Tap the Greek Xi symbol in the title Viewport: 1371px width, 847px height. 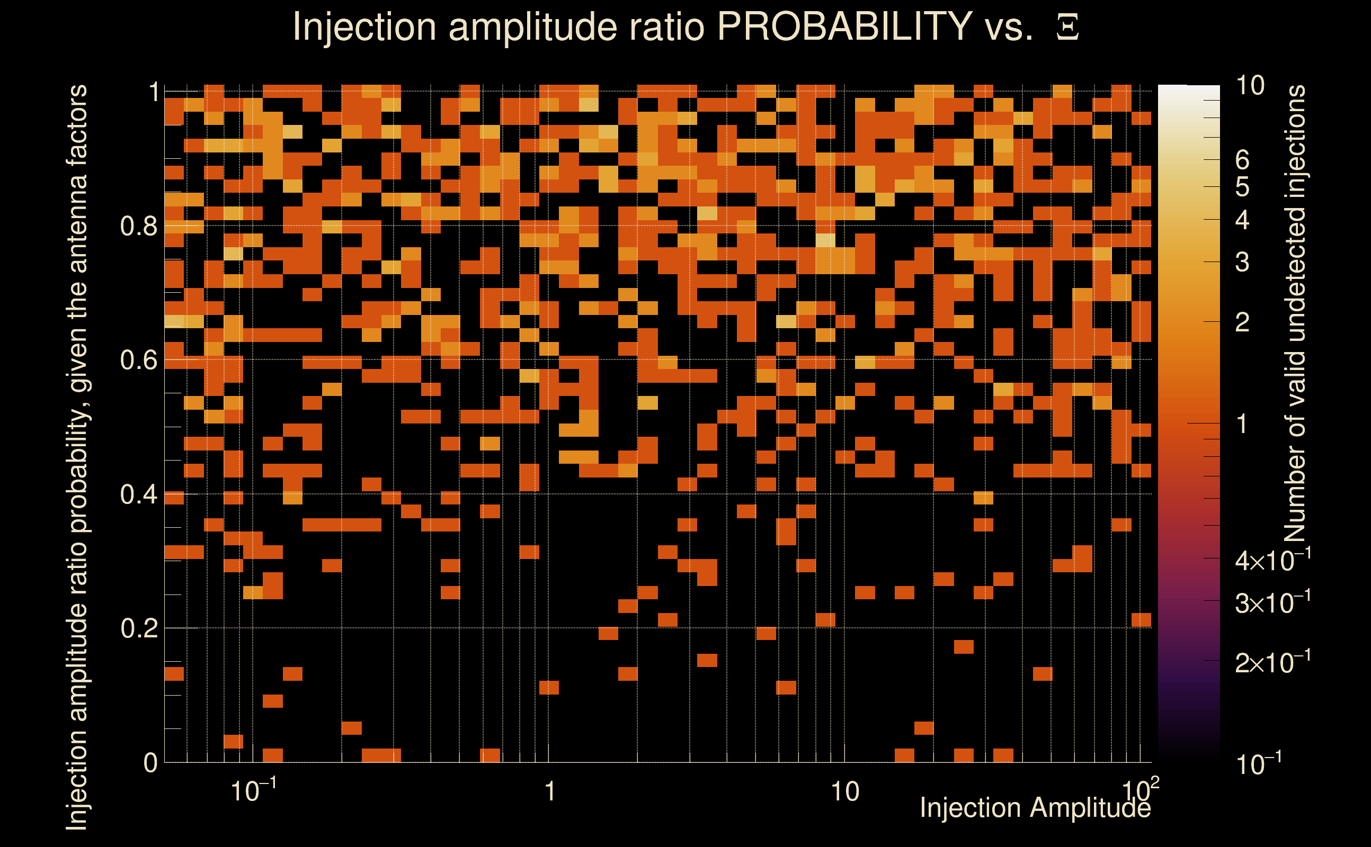tap(1067, 28)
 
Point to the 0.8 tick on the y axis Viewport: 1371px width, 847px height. tap(138, 227)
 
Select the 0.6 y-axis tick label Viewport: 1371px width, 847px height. tap(138, 360)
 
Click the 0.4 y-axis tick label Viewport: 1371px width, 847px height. tap(138, 494)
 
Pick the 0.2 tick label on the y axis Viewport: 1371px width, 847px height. tap(138, 628)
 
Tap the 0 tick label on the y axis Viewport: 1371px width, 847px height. tap(150, 763)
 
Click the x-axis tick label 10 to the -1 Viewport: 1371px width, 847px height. tap(253, 790)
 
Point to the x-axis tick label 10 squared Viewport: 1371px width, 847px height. tap(1140, 790)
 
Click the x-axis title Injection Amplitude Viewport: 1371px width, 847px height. tap(1035, 808)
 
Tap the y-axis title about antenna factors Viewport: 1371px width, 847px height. tap(77, 456)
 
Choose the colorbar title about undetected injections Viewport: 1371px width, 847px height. tap(1295, 314)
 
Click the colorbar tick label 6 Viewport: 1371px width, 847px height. tap(1242, 160)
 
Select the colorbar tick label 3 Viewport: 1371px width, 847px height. tap(1242, 262)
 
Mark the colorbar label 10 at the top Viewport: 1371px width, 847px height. tap(1250, 86)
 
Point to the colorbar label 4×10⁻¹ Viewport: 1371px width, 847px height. tap(1272, 560)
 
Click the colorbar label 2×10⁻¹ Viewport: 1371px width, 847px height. tap(1272, 663)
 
